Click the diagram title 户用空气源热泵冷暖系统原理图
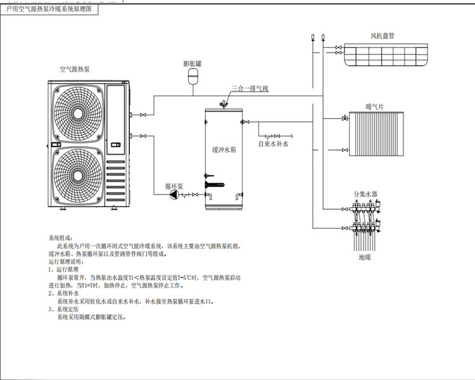49,9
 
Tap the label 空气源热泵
75,69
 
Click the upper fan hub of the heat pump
78,113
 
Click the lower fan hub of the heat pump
78,175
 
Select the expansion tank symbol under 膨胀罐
193,77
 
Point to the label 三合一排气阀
250,89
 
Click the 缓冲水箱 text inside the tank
224,149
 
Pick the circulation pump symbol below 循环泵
175,194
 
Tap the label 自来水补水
273,144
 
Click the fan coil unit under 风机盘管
386,54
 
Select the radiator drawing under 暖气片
376,134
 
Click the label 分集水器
365,194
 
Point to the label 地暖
365,257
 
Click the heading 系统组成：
61,238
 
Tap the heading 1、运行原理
63,269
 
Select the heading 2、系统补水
63,293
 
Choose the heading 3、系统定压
63,309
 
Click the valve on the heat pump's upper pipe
143,115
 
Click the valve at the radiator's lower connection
345,149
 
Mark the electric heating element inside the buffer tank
215,185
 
